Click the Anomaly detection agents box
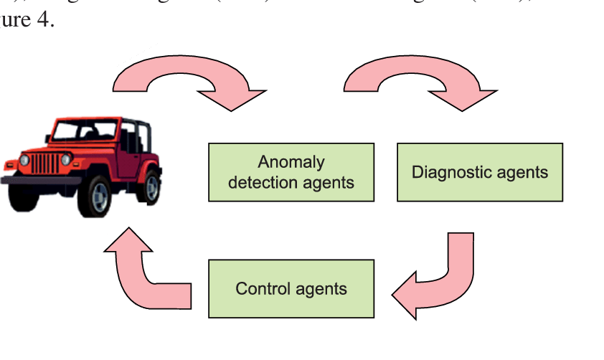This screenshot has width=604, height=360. pos(291,172)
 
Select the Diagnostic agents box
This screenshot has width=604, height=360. pos(480,172)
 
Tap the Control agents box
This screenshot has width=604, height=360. pos(291,288)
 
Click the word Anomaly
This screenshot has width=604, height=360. pos(291,162)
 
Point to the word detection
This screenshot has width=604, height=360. pos(259,182)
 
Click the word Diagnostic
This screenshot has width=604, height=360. pos(446,172)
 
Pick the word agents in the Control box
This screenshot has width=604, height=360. pos(319,289)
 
